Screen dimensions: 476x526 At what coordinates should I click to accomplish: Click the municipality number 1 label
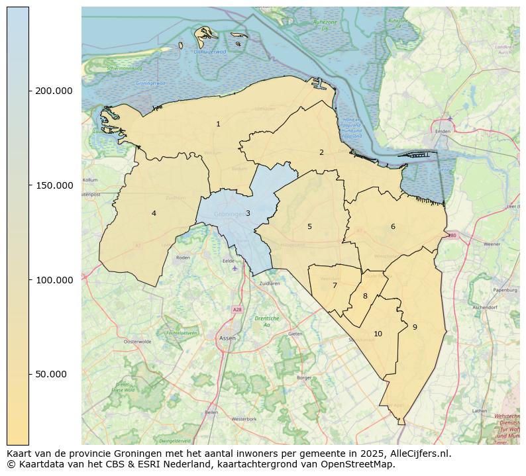(x=218, y=124)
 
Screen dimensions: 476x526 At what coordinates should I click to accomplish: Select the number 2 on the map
(x=321, y=152)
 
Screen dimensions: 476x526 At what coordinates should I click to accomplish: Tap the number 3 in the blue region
(x=248, y=213)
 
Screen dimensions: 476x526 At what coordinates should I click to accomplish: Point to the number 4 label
(x=154, y=213)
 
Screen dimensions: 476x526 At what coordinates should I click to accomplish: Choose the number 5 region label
(x=309, y=227)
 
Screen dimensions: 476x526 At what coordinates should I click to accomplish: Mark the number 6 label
(x=393, y=226)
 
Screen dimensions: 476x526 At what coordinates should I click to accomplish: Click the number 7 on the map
(x=335, y=286)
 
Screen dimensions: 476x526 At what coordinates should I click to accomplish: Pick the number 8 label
(x=365, y=296)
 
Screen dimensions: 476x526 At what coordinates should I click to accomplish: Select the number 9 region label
(x=415, y=327)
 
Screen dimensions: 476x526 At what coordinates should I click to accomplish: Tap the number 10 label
(x=378, y=334)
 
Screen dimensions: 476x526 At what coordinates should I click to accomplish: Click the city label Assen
(x=227, y=338)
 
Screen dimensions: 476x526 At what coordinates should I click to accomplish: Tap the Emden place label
(x=443, y=131)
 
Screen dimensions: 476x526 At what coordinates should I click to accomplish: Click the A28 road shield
(x=237, y=309)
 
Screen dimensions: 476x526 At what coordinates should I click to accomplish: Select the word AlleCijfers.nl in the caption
(x=419, y=453)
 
